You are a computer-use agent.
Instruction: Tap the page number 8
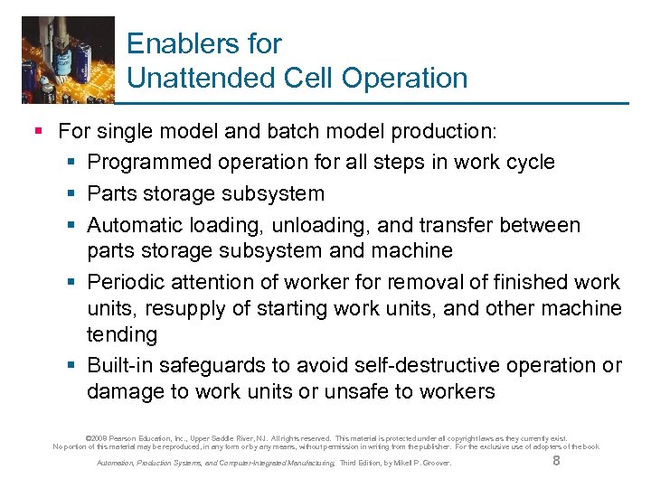point(556,462)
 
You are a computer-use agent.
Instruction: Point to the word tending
point(121,335)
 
